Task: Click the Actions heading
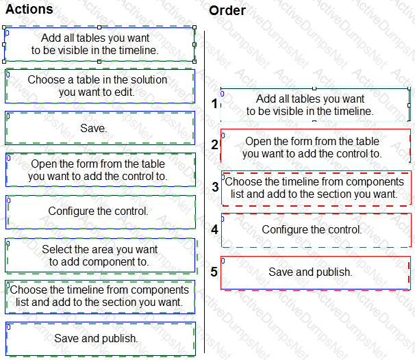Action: coord(29,9)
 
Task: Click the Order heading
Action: coord(227,10)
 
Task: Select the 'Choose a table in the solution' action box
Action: coord(100,86)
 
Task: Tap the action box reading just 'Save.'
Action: coord(100,128)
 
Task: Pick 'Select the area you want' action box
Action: coord(100,255)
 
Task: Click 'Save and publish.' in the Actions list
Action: coord(101,339)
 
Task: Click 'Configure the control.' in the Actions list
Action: coord(101,212)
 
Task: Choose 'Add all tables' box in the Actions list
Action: coord(99,44)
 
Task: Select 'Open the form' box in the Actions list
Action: coord(101,170)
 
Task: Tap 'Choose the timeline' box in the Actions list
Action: coord(100,297)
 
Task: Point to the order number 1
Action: coord(214,103)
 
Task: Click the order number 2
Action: coord(214,144)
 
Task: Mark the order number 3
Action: coord(215,187)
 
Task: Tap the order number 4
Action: coord(214,229)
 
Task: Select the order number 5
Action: coord(214,272)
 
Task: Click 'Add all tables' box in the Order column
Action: coord(315,105)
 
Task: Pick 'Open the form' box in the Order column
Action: coord(316,146)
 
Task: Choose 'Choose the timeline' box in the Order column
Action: coord(316,188)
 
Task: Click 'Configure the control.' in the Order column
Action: coord(316,230)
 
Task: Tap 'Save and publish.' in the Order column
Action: coord(316,273)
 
